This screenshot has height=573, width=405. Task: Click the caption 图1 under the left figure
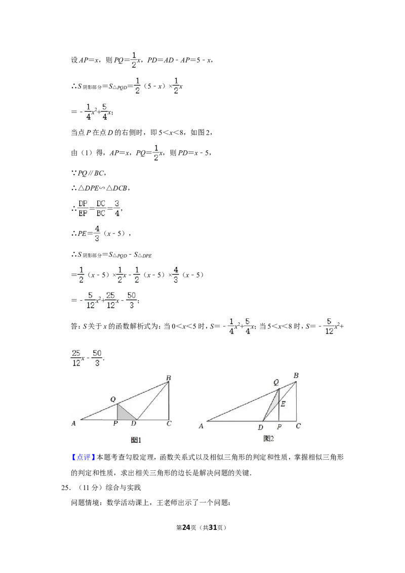(136, 440)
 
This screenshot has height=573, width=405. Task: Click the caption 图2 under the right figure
(269, 438)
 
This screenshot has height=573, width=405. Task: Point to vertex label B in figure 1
(169, 378)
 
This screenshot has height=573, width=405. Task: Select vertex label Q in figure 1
(113, 399)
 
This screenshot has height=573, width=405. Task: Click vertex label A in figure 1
(73, 423)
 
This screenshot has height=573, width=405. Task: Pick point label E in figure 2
(283, 404)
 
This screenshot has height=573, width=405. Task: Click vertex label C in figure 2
(298, 426)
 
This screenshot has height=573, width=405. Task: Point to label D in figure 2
(260, 427)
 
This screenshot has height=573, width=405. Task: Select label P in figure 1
(115, 423)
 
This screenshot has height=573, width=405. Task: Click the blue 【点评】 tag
(84, 457)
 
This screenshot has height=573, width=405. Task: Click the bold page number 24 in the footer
(186, 527)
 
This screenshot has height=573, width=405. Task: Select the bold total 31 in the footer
(213, 527)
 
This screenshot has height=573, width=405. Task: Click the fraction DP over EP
(83, 209)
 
